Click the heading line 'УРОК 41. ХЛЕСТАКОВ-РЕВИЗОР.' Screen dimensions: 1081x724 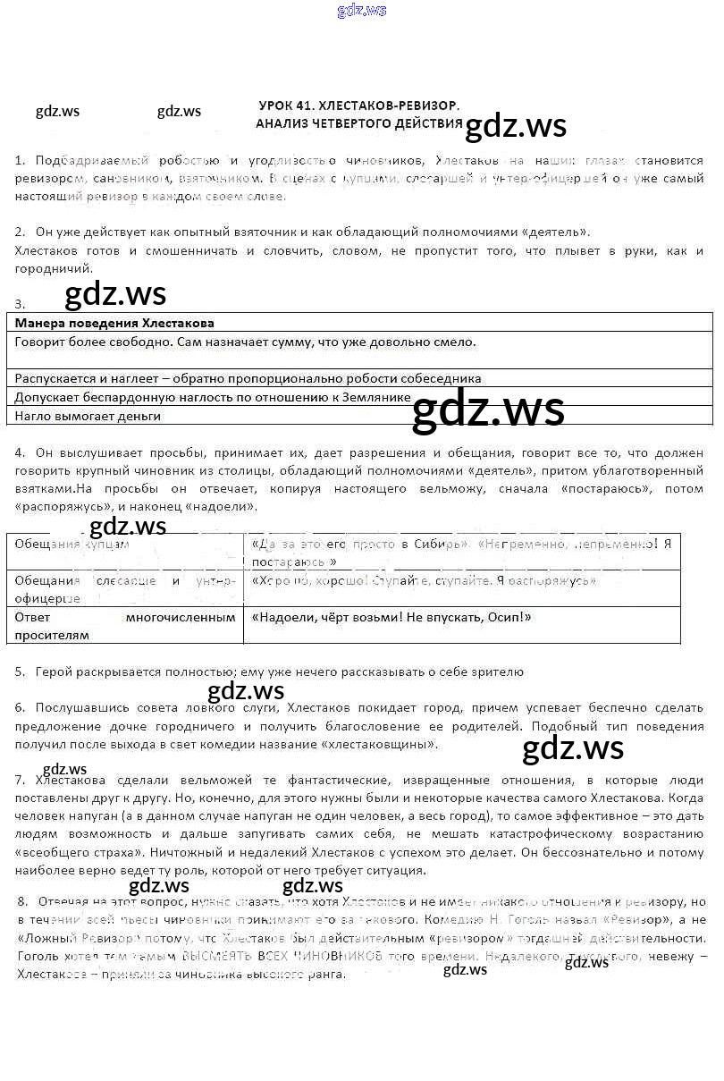coord(358,106)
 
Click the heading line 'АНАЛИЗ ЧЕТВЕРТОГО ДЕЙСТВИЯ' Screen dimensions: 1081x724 coord(358,123)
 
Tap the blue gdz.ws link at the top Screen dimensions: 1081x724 coord(361,11)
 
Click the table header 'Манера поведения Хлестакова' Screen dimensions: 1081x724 coord(114,323)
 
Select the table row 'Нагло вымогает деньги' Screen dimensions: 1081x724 coord(88,416)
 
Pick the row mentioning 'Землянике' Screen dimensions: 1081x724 coord(213,397)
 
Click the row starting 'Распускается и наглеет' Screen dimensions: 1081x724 coord(248,378)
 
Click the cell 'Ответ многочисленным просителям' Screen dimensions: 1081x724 coord(125,626)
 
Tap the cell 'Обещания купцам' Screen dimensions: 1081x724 coord(72,544)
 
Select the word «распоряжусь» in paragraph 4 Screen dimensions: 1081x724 coord(55,507)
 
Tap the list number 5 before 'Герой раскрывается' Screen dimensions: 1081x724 coord(19,671)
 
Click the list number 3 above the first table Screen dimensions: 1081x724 coord(19,304)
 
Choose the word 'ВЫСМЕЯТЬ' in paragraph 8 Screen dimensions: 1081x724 coord(214,957)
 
